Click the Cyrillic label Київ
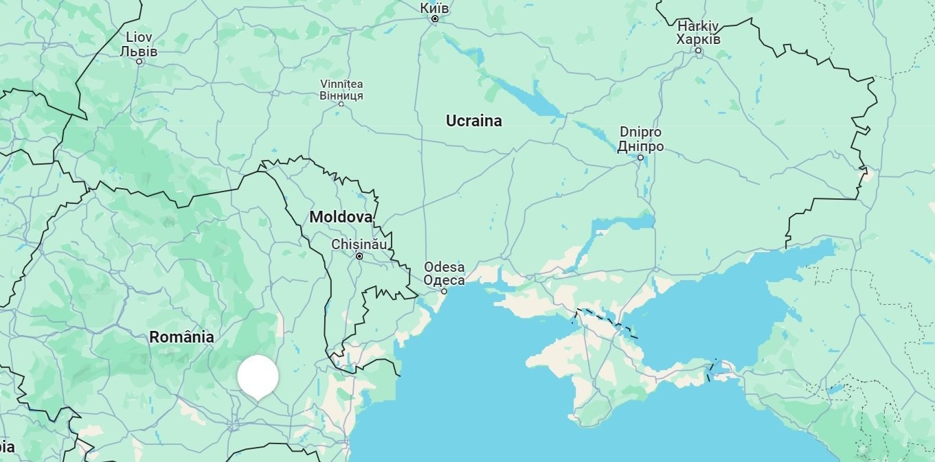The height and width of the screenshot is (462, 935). coord(434,8)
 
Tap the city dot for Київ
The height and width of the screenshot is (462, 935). coord(435,19)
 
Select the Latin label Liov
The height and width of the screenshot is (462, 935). coord(139,38)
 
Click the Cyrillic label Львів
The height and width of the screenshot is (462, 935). coord(139,51)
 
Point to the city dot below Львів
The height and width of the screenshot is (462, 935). coord(139,62)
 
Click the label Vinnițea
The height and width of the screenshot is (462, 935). coord(341,84)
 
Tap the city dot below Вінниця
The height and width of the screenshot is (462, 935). coord(341,104)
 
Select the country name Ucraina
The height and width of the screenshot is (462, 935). coord(473,121)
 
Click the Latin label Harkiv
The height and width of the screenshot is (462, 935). coord(698,26)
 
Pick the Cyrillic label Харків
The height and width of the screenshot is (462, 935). coord(698,39)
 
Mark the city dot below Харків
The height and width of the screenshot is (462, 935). coord(699,51)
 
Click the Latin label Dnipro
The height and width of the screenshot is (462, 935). coord(640,132)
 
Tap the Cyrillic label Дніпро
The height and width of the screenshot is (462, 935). coord(640,146)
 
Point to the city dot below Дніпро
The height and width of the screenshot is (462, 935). coord(641,157)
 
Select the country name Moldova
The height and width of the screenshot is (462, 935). coord(341,217)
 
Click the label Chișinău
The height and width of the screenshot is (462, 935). coord(359,244)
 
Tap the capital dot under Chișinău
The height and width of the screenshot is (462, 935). coord(359,256)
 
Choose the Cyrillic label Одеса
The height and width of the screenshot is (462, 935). coord(444,280)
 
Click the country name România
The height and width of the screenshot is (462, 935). coord(181,337)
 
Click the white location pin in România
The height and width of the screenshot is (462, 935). coord(258,376)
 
